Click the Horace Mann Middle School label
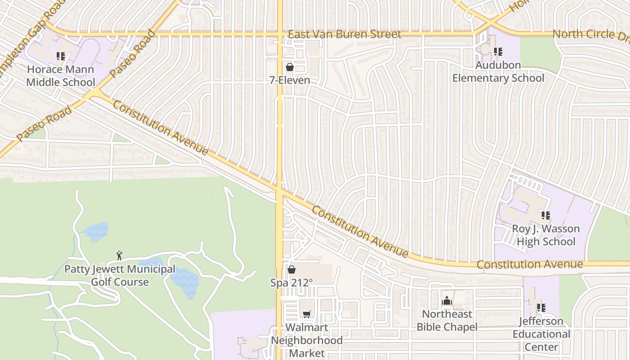[61, 76]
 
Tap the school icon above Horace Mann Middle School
[61, 56]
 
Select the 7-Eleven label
[290, 81]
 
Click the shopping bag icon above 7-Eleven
[290, 67]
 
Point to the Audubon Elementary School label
[498, 72]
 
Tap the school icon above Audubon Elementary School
[498, 52]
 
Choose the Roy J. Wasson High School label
[546, 235]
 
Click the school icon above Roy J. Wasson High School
[546, 216]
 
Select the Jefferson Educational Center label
[541, 334]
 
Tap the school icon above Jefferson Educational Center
[541, 308]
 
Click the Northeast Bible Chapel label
[447, 320]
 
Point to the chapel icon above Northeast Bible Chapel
[447, 301]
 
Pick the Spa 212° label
[292, 283]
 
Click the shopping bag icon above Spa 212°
[292, 270]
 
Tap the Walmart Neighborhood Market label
[306, 340]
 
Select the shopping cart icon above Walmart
[306, 314]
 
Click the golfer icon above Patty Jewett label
[119, 256]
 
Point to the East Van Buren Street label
[344, 34]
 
